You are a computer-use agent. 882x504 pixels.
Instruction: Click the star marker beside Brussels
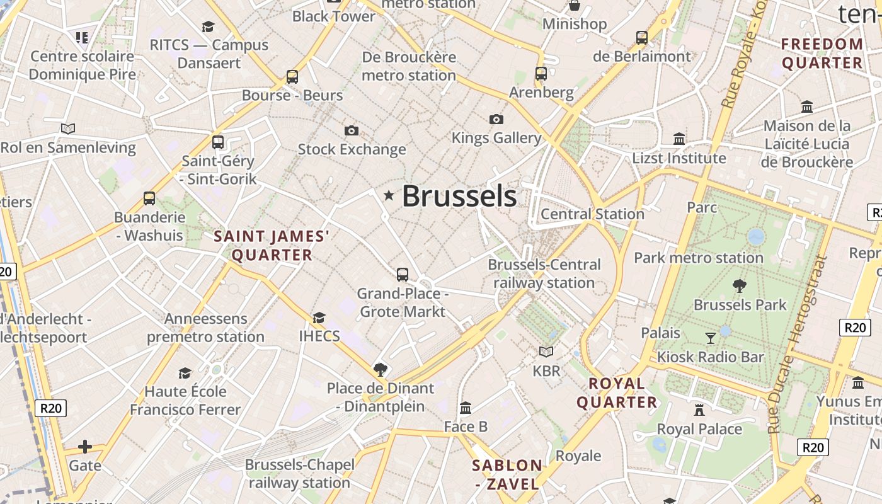pyautogui.click(x=389, y=196)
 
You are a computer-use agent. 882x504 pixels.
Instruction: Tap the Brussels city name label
pyautogui.click(x=459, y=196)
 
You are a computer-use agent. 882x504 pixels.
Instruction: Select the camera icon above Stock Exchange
pyautogui.click(x=352, y=130)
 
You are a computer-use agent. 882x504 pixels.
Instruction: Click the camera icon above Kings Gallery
pyautogui.click(x=496, y=119)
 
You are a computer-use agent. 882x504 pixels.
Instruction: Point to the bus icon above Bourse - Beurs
pyautogui.click(x=292, y=77)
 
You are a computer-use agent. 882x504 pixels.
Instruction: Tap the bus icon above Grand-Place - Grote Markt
pyautogui.click(x=403, y=275)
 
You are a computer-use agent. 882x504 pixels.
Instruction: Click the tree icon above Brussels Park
pyautogui.click(x=740, y=286)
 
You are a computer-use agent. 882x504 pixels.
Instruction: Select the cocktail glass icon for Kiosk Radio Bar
pyautogui.click(x=711, y=338)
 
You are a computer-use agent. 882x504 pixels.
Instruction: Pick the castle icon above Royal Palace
pyautogui.click(x=699, y=410)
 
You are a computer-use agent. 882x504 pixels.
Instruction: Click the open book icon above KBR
pyautogui.click(x=546, y=352)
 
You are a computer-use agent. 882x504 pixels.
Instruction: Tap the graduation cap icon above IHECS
pyautogui.click(x=319, y=318)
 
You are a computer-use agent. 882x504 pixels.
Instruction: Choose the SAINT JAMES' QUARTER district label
pyautogui.click(x=272, y=246)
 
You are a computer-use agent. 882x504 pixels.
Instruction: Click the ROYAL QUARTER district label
pyautogui.click(x=617, y=392)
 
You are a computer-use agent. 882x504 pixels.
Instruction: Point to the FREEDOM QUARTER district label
pyautogui.click(x=822, y=54)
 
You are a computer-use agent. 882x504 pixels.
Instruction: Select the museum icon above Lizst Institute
pyautogui.click(x=679, y=139)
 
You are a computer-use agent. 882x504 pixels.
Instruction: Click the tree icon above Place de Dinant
pyautogui.click(x=380, y=369)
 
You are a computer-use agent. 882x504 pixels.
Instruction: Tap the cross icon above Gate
pyautogui.click(x=85, y=447)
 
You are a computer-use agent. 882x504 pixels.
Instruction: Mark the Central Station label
pyautogui.click(x=592, y=214)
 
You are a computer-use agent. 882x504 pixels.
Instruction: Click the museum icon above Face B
pyautogui.click(x=466, y=408)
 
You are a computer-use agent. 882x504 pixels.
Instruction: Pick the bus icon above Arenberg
pyautogui.click(x=541, y=74)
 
